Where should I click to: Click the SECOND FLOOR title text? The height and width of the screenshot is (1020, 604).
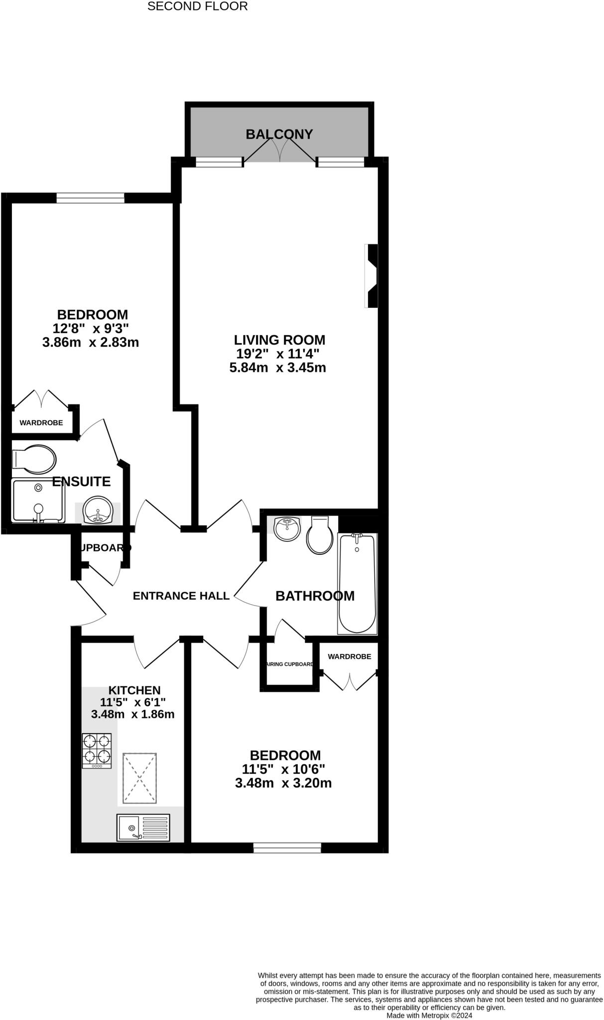[197, 6]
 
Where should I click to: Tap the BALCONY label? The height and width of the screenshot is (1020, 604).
[279, 134]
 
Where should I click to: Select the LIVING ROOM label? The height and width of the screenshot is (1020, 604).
[279, 340]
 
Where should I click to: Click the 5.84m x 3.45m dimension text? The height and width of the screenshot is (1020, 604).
[277, 368]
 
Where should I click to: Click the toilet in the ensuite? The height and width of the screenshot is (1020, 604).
[34, 459]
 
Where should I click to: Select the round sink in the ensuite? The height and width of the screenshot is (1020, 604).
[98, 510]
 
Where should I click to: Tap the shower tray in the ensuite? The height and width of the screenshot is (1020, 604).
[38, 501]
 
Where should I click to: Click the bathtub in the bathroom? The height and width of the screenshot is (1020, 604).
[357, 583]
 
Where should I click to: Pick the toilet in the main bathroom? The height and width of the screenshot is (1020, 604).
[320, 535]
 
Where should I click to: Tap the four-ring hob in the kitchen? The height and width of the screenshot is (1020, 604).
[97, 751]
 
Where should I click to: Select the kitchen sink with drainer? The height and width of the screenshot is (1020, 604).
[143, 827]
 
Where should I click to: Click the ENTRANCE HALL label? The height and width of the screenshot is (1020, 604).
[181, 596]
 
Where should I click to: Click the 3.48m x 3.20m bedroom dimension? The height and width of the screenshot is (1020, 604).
[283, 783]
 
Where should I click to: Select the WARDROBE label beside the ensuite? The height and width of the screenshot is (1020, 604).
[41, 423]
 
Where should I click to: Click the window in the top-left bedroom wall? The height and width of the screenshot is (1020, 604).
[90, 198]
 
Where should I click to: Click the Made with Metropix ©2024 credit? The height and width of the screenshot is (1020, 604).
[429, 1015]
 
